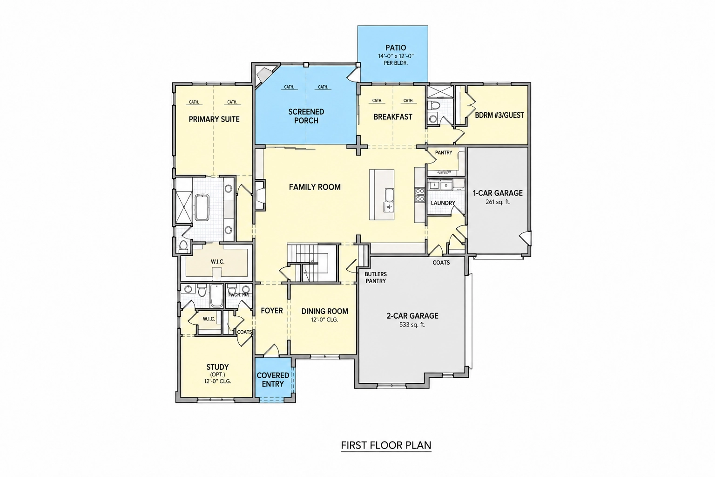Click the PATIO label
(x=396, y=48)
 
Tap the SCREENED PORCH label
(x=306, y=116)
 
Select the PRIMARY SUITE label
(x=214, y=120)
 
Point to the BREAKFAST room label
(x=392, y=117)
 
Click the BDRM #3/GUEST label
(x=499, y=116)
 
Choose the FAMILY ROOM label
(x=315, y=187)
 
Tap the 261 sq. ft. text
(x=498, y=202)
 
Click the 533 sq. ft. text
(x=412, y=325)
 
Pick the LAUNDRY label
(x=443, y=203)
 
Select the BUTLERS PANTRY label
(x=376, y=278)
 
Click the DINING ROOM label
(x=324, y=311)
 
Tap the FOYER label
(x=272, y=311)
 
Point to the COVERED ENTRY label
(x=273, y=380)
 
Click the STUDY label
(x=217, y=367)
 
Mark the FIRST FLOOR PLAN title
(x=386, y=445)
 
